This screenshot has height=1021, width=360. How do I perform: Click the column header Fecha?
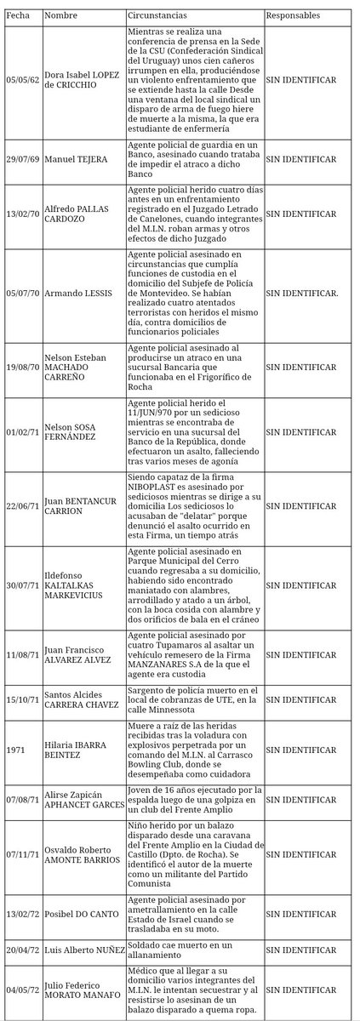click(x=17, y=16)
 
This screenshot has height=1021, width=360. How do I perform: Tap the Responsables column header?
click(x=294, y=16)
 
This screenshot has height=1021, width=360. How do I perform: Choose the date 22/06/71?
click(x=20, y=505)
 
